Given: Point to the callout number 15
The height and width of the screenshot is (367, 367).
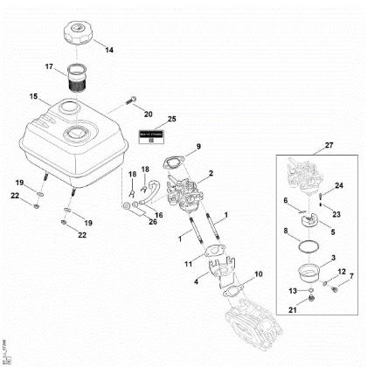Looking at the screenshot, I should [32, 96].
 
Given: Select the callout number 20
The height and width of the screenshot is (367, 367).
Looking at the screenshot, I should [148, 113].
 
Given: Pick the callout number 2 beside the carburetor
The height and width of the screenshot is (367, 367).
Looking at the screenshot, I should [211, 176].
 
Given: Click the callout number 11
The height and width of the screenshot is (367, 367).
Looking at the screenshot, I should [188, 262].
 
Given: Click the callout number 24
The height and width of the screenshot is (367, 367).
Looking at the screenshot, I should [340, 185].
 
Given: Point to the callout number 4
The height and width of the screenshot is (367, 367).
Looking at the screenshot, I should [197, 281].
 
